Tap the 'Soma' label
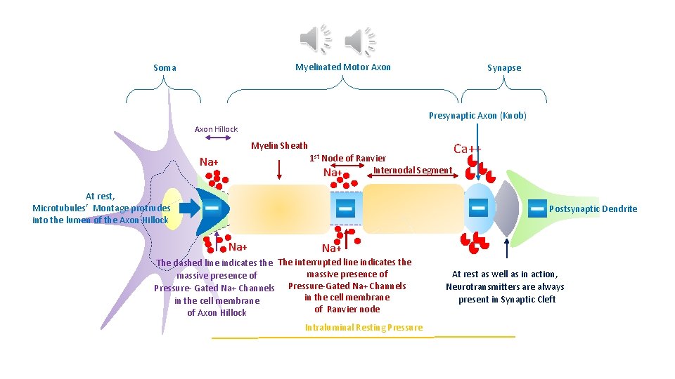pyautogui.click(x=165, y=68)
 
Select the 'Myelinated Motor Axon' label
pyautogui.click(x=342, y=67)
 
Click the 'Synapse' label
pyautogui.click(x=504, y=68)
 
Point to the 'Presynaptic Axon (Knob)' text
pyautogui.click(x=477, y=116)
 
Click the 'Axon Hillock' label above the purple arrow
pyautogui.click(x=216, y=129)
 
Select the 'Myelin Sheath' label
pyautogui.click(x=279, y=146)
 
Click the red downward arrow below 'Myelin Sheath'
pyautogui.click(x=281, y=167)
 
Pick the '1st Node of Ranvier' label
pyautogui.click(x=347, y=158)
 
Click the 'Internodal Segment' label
pyautogui.click(x=413, y=171)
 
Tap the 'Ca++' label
pyautogui.click(x=468, y=149)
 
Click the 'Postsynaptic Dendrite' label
pyautogui.click(x=593, y=208)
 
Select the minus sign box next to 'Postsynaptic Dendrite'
pyautogui.click(x=536, y=208)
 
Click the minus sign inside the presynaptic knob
pyautogui.click(x=477, y=208)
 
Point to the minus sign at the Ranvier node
pyautogui.click(x=345, y=208)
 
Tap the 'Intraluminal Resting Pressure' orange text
pyautogui.click(x=364, y=327)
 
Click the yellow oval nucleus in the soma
pyautogui.click(x=173, y=208)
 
